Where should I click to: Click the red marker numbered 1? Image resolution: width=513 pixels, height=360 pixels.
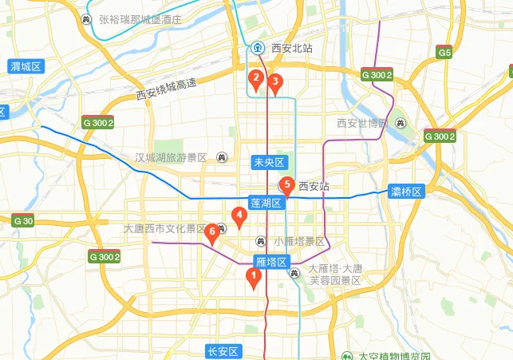point(254,278)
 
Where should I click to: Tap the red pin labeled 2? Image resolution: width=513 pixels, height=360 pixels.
point(255,78)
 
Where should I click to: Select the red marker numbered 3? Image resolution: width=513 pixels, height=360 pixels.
point(275,81)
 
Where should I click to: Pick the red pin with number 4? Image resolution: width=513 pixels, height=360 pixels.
point(237,215)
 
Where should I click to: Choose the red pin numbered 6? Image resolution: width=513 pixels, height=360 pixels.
point(211,232)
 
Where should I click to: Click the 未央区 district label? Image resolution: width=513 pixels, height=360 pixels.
point(268,162)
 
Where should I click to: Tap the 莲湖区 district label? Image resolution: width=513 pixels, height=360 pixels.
point(266,203)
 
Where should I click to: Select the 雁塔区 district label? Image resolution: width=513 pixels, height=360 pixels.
point(270,261)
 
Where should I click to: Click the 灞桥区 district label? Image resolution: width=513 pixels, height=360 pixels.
point(406,191)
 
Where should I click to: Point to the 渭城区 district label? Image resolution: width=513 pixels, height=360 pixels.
point(26,66)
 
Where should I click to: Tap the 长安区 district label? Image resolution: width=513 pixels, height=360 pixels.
point(223,352)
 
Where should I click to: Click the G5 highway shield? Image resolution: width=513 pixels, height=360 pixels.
point(444,53)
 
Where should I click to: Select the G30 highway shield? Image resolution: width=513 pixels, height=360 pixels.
point(23,220)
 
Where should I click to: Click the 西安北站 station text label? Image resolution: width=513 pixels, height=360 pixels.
point(292,48)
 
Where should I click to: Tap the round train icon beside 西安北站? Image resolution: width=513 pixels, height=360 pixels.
point(258,48)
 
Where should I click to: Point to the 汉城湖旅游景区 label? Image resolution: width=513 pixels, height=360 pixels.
point(171,157)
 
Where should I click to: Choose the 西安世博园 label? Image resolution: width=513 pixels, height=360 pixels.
point(361,123)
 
